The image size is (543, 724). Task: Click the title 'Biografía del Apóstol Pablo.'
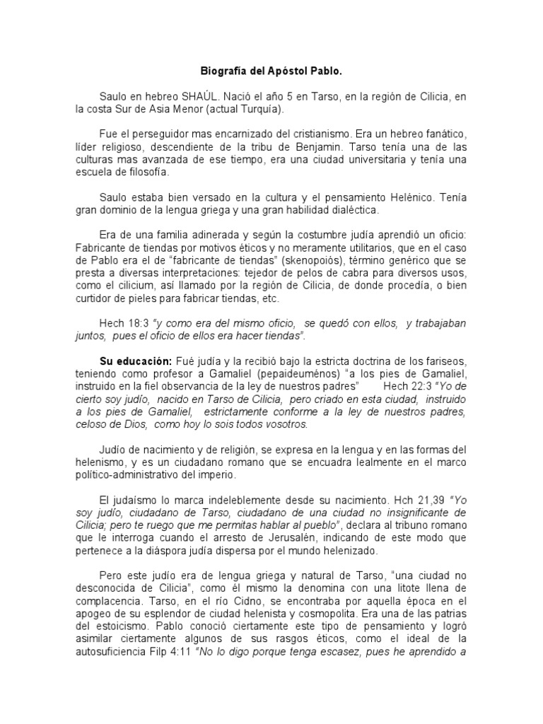(271, 71)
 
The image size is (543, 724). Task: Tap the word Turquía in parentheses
(259, 110)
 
